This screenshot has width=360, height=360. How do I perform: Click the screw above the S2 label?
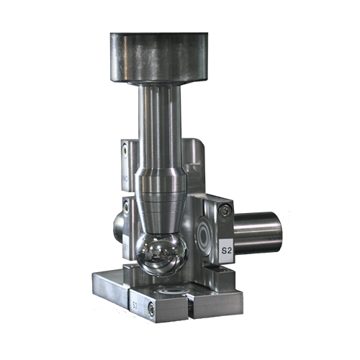(x=225, y=210)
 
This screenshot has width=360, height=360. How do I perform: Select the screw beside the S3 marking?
(x=151, y=307)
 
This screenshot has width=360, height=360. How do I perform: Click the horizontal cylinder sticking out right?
(x=256, y=232)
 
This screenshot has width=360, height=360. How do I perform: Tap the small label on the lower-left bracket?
(x=125, y=248)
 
